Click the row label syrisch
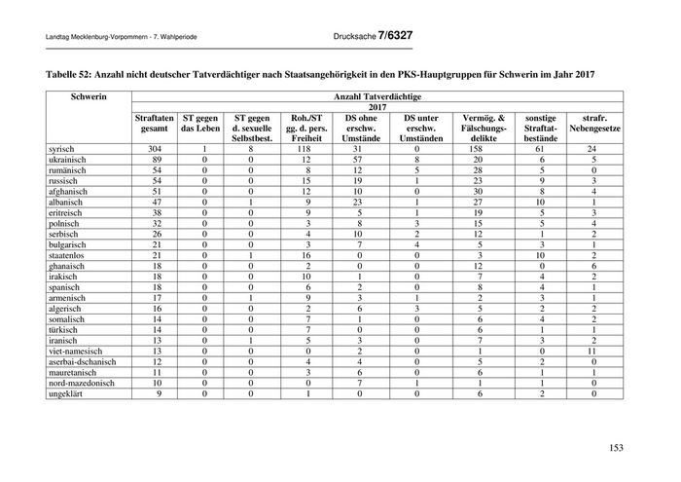(62, 148)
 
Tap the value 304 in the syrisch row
(154, 148)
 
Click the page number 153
(615, 448)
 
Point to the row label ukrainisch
(69, 159)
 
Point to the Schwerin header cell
(88, 97)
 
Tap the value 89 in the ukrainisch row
(154, 159)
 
